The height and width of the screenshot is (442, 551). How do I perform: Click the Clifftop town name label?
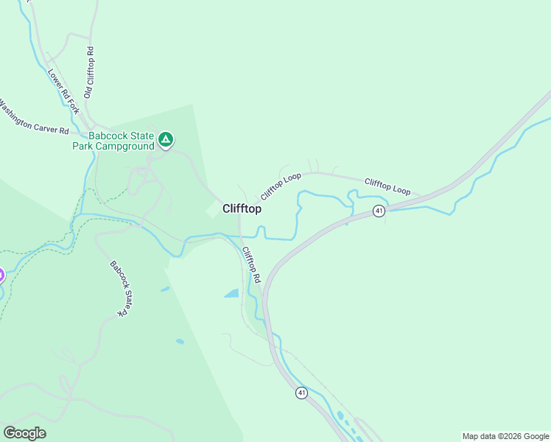pos(242,209)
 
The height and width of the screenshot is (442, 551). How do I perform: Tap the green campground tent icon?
pos(166,138)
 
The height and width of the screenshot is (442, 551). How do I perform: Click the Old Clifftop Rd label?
pos(88,73)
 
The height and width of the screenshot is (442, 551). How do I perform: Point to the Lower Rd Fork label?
pos(63,91)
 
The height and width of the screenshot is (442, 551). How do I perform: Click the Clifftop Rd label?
pos(251,266)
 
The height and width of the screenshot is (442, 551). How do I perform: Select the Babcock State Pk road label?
pos(119,288)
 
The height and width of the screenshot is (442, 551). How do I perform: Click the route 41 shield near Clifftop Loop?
pos(379,211)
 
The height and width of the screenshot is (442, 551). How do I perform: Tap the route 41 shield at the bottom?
pos(302,393)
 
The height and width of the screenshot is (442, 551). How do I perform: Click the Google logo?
pos(24,432)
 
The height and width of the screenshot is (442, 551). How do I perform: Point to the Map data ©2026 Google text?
pos(505,436)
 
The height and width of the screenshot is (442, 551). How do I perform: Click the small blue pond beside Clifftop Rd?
pos(231,293)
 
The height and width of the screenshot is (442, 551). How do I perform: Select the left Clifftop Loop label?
pos(281,186)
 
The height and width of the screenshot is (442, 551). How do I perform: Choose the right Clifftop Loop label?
pos(387,186)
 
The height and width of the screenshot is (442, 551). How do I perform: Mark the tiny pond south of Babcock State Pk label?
pos(180,342)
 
